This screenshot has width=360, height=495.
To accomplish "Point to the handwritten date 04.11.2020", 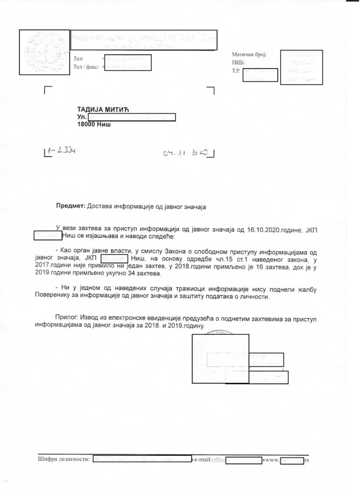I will (186, 153).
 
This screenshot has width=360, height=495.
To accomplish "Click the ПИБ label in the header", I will (238, 63).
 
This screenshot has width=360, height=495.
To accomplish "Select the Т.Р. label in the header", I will (236, 71).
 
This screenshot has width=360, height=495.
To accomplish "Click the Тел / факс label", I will (86, 67).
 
